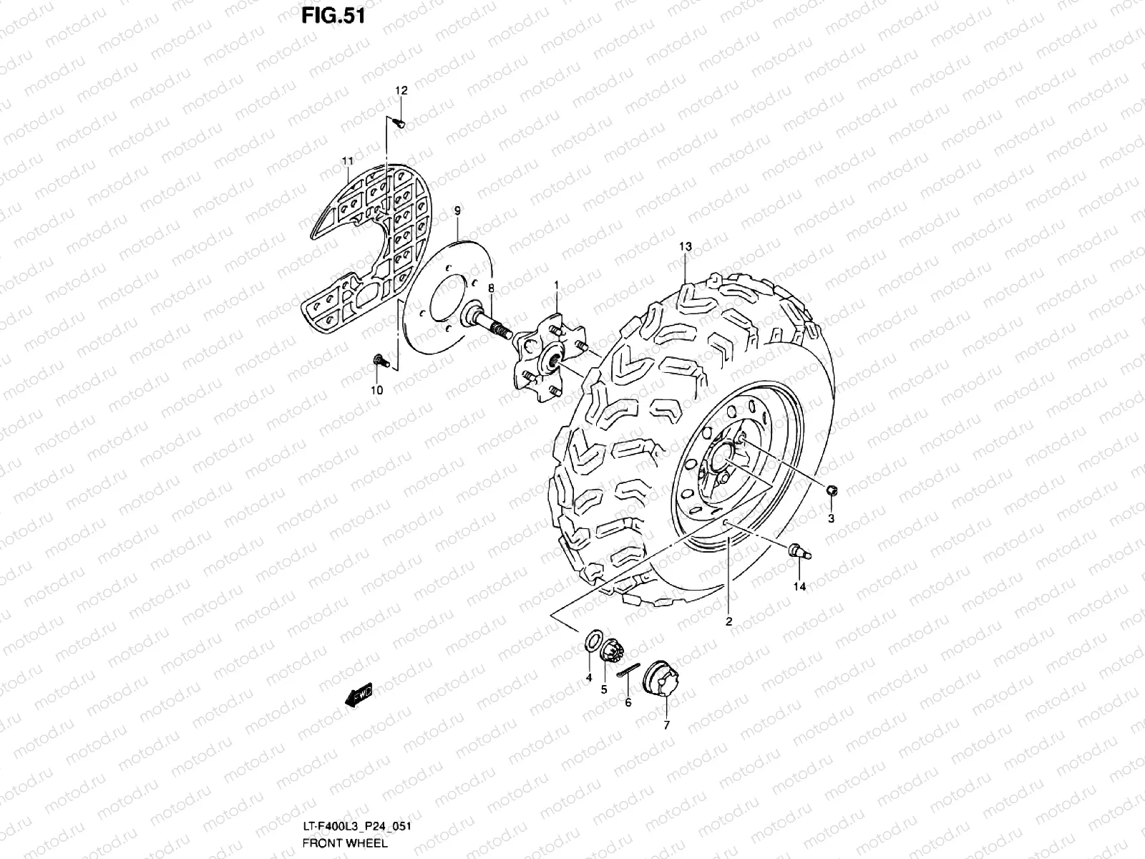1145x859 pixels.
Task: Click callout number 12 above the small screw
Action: pos(401,91)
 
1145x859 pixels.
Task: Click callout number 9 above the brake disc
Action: pos(458,210)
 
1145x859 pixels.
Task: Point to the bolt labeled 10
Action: pos(379,361)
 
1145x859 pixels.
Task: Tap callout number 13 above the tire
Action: pos(685,247)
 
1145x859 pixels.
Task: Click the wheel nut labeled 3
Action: pos(832,490)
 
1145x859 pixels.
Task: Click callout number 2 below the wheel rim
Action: pos(729,621)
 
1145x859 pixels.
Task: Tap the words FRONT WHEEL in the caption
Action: pos(345,843)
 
